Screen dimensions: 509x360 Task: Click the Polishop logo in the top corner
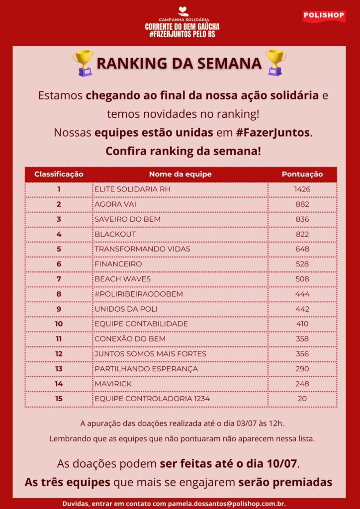pos(324,15)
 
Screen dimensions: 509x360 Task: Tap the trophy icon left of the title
pos(83,63)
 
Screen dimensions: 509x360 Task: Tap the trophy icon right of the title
pos(275,63)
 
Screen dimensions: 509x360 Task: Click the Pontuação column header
pos(302,174)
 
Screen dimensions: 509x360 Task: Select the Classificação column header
pos(59,174)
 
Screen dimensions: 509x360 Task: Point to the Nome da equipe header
pos(180,174)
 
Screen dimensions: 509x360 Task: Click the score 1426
pos(302,189)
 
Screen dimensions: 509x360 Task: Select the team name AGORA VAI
pos(115,204)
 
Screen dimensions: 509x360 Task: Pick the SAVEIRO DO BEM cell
pos(127,219)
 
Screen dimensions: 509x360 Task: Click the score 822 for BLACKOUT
pos(302,234)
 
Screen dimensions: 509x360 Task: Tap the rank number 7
pos(59,279)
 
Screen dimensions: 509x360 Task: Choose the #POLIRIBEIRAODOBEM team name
pos(139,294)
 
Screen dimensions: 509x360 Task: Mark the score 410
pos(302,324)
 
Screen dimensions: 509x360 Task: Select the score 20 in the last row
pos(302,399)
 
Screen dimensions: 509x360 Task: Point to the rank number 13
pos(59,369)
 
